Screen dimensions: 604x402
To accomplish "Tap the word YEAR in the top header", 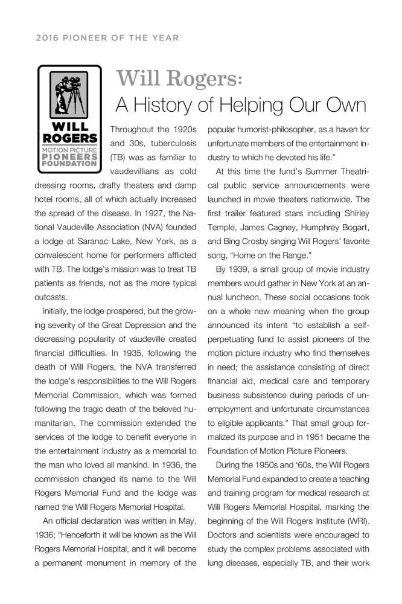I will [x=164, y=38].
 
